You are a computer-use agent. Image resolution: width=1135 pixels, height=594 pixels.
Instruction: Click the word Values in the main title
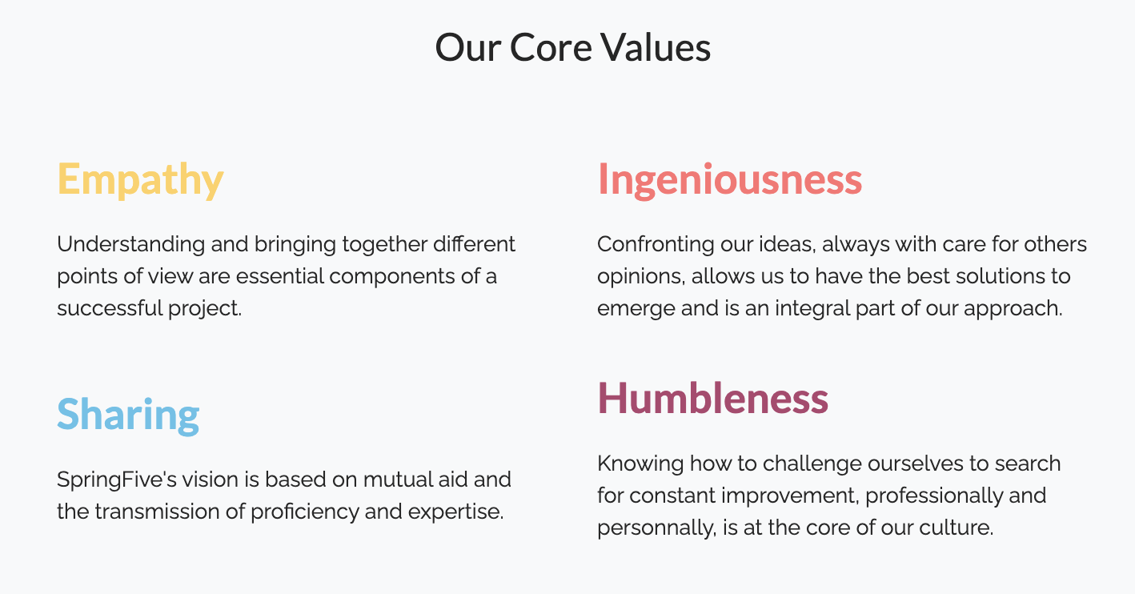656,48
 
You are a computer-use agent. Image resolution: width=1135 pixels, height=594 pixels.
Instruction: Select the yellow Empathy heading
140,180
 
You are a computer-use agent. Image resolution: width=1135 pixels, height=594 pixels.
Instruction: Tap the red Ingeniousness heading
730,180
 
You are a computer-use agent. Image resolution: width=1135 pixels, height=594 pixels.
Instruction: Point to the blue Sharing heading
128,415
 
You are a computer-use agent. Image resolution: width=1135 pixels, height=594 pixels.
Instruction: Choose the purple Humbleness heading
713,399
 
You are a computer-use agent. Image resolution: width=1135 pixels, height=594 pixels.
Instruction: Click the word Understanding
130,244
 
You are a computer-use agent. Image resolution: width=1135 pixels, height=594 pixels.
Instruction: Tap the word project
205,309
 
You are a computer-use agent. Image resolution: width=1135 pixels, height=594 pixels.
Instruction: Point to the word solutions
990,276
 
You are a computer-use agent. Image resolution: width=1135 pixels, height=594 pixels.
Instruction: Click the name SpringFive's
117,480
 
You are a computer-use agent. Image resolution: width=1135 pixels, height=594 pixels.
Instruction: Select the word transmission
157,512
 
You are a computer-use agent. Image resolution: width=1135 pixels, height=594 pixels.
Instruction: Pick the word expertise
456,512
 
